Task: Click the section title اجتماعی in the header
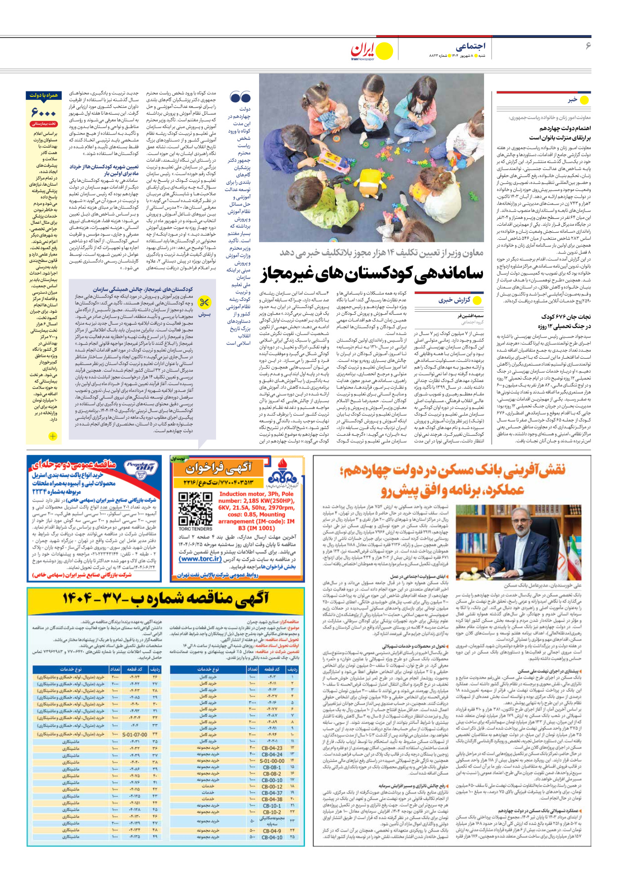click(x=470, y=46)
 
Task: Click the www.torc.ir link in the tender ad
click(x=201, y=559)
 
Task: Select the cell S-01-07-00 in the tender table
click(x=134, y=734)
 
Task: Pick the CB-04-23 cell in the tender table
click(x=272, y=748)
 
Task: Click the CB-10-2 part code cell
click(x=272, y=812)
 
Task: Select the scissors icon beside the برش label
click(x=204, y=302)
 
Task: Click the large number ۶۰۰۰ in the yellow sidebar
click(x=43, y=113)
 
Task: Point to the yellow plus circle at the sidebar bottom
click(x=52, y=436)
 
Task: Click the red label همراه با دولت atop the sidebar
click(x=44, y=95)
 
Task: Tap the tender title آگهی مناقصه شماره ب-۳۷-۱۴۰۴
click(x=166, y=599)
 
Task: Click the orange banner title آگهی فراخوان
click(x=219, y=467)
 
